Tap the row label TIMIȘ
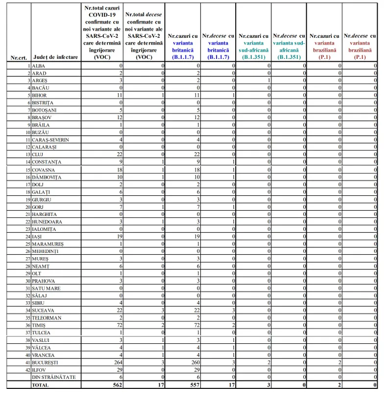pos(39,325)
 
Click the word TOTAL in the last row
pos(40,385)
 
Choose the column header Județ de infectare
pos(55,57)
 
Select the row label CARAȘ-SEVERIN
pos(51,140)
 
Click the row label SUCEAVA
pos(43,310)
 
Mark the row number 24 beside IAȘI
pos(28,236)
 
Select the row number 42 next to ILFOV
pos(28,369)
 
